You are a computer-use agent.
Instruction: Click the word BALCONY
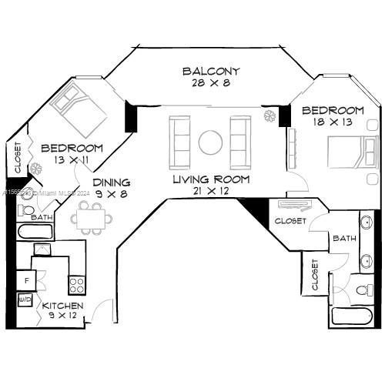coord(210,72)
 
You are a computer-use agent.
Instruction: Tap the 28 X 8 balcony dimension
coord(210,83)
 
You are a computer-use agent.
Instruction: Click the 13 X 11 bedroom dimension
coord(72,160)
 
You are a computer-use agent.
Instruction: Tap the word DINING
coord(112,182)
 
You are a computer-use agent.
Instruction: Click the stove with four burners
coord(77,285)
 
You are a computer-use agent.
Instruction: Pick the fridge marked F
coord(27,280)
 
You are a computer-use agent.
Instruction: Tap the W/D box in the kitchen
coord(25,299)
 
